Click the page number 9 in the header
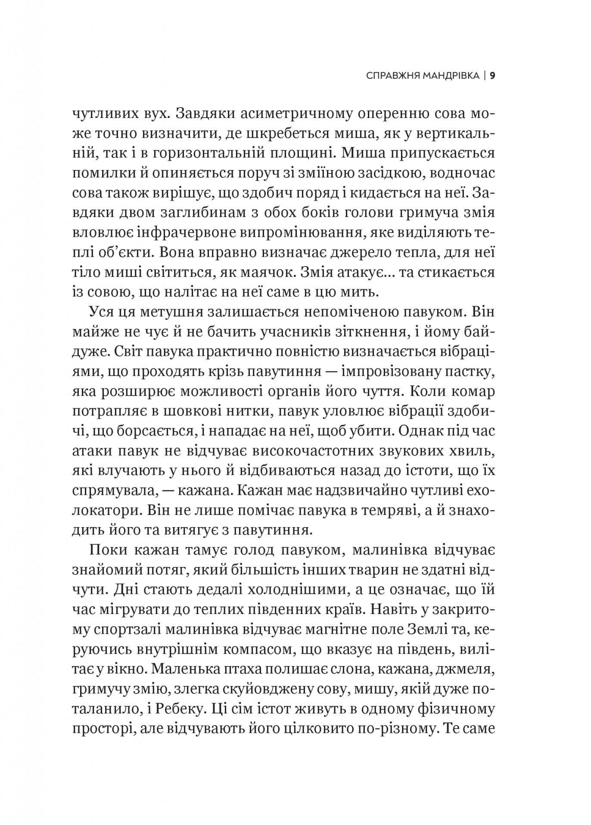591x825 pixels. pos(492,76)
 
